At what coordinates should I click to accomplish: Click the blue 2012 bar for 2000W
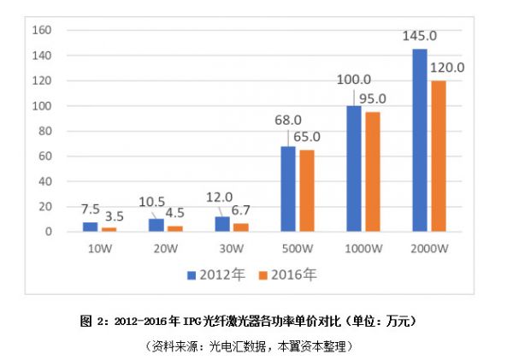click(x=420, y=140)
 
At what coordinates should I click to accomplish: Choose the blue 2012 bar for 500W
click(x=287, y=189)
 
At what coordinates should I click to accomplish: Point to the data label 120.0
click(x=447, y=67)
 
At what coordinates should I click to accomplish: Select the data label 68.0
click(x=287, y=119)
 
